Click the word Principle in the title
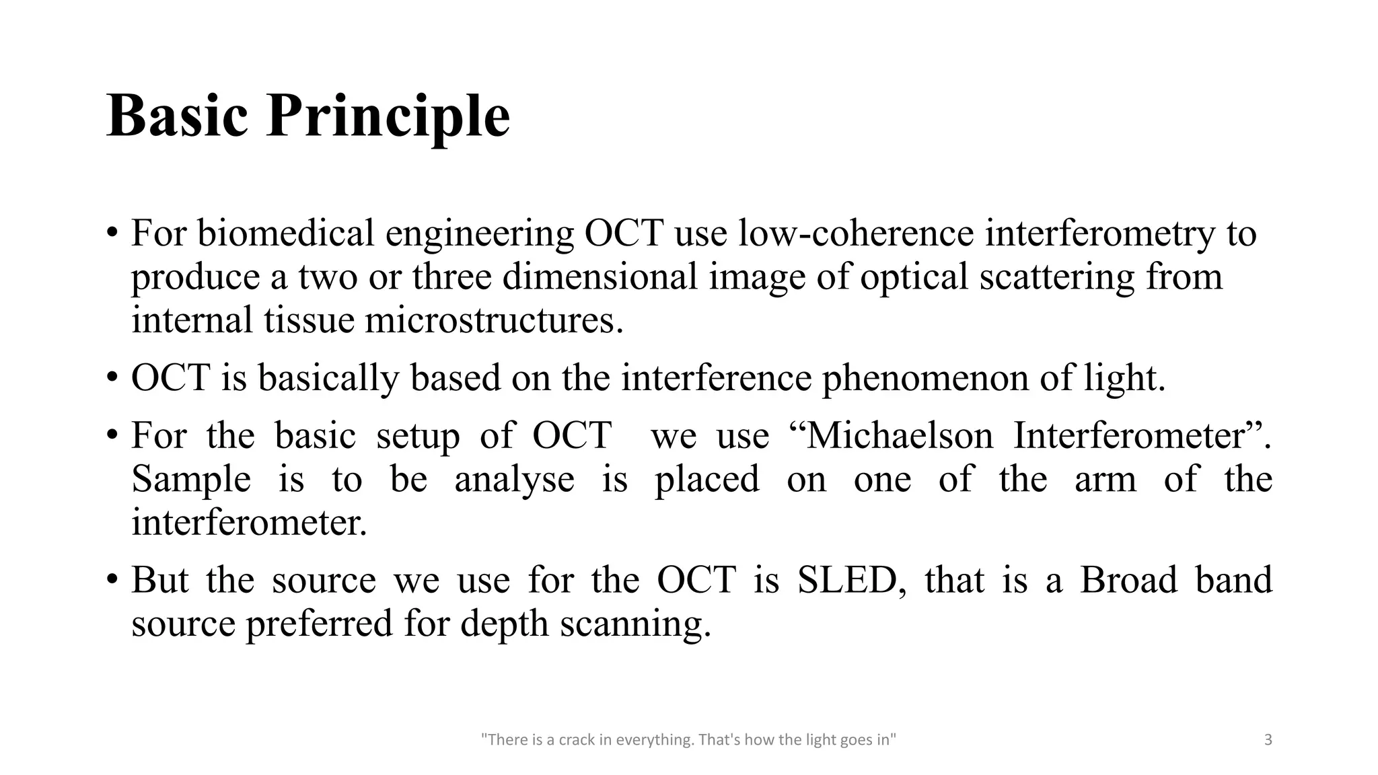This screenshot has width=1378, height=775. pyautogui.click(x=388, y=117)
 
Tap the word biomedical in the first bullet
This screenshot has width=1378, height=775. pyautogui.click(x=285, y=233)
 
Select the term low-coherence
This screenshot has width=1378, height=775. pyautogui.click(x=856, y=233)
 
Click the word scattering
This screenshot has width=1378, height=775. pyautogui.click(x=1057, y=276)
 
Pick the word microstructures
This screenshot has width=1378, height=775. pyautogui.click(x=494, y=320)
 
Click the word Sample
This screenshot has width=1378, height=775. pyautogui.click(x=191, y=479)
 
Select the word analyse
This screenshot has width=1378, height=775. pyautogui.click(x=514, y=479)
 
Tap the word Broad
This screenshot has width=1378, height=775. pyautogui.click(x=1128, y=580)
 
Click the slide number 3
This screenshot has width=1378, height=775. pyautogui.click(x=1268, y=741)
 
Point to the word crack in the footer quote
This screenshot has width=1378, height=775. pyautogui.click(x=577, y=741)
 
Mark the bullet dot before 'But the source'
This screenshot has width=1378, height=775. pyautogui.click(x=112, y=580)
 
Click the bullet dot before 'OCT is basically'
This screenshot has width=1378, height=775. pyautogui.click(x=112, y=377)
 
